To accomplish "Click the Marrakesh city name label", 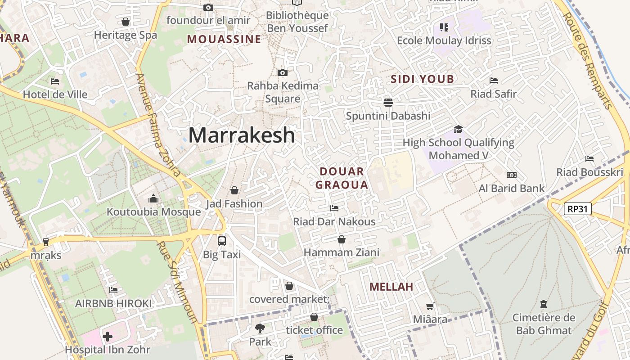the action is (242, 135).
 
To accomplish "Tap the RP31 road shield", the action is (577, 208).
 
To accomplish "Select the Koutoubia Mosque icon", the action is (153, 198).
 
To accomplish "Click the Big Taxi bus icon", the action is (222, 241).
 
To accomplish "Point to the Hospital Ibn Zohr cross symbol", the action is (108, 336).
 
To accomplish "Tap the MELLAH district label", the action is (391, 287).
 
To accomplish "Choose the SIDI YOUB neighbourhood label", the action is (422, 79).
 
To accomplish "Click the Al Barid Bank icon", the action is (512, 175).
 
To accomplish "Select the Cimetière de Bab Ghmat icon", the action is (544, 305).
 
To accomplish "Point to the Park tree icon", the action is (260, 328).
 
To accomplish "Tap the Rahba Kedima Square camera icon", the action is (283, 72).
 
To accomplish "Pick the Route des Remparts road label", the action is (588, 61).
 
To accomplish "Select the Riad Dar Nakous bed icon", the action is (334, 208).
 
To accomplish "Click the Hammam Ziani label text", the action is (342, 252).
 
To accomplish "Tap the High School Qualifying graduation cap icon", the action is (458, 129).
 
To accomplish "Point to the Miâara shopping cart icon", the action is (430, 306).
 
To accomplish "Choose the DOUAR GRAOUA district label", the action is (342, 178).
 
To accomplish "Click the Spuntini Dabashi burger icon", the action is (388, 102).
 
